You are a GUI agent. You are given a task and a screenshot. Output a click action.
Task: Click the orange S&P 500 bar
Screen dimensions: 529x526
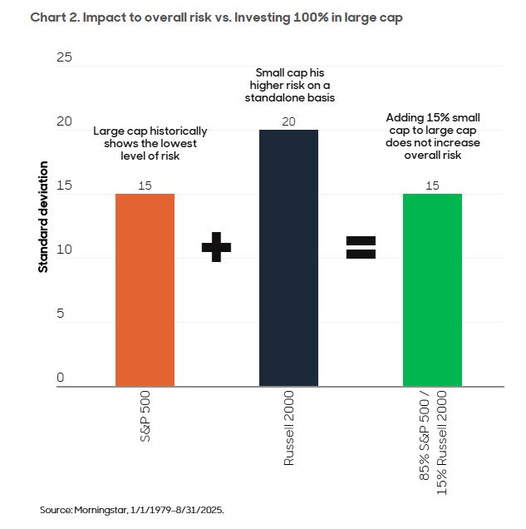click(145, 289)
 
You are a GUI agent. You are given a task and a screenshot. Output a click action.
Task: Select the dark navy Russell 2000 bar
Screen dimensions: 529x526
click(288, 258)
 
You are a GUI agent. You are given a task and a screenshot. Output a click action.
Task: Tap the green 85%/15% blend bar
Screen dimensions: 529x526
click(432, 289)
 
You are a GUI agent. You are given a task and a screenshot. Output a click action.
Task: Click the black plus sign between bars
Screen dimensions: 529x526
click(216, 246)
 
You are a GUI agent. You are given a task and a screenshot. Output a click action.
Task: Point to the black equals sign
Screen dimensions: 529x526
click(361, 246)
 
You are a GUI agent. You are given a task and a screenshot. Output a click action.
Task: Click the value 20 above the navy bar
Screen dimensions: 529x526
click(288, 121)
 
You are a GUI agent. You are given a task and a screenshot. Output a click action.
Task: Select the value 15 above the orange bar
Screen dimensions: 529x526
click(145, 185)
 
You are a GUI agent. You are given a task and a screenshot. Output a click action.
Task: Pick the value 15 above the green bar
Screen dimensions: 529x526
click(432, 185)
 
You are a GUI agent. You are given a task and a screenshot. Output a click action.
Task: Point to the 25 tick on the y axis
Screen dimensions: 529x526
click(64, 57)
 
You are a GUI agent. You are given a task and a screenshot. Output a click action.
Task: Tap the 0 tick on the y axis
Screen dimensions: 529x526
click(60, 378)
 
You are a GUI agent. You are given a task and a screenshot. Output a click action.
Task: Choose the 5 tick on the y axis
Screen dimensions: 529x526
click(60, 314)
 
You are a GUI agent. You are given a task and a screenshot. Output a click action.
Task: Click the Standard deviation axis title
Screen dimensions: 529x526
click(42, 218)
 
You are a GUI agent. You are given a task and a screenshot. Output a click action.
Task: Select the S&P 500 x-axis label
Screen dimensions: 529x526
click(145, 415)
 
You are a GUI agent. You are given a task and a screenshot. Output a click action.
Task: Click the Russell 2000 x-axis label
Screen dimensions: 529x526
click(289, 428)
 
